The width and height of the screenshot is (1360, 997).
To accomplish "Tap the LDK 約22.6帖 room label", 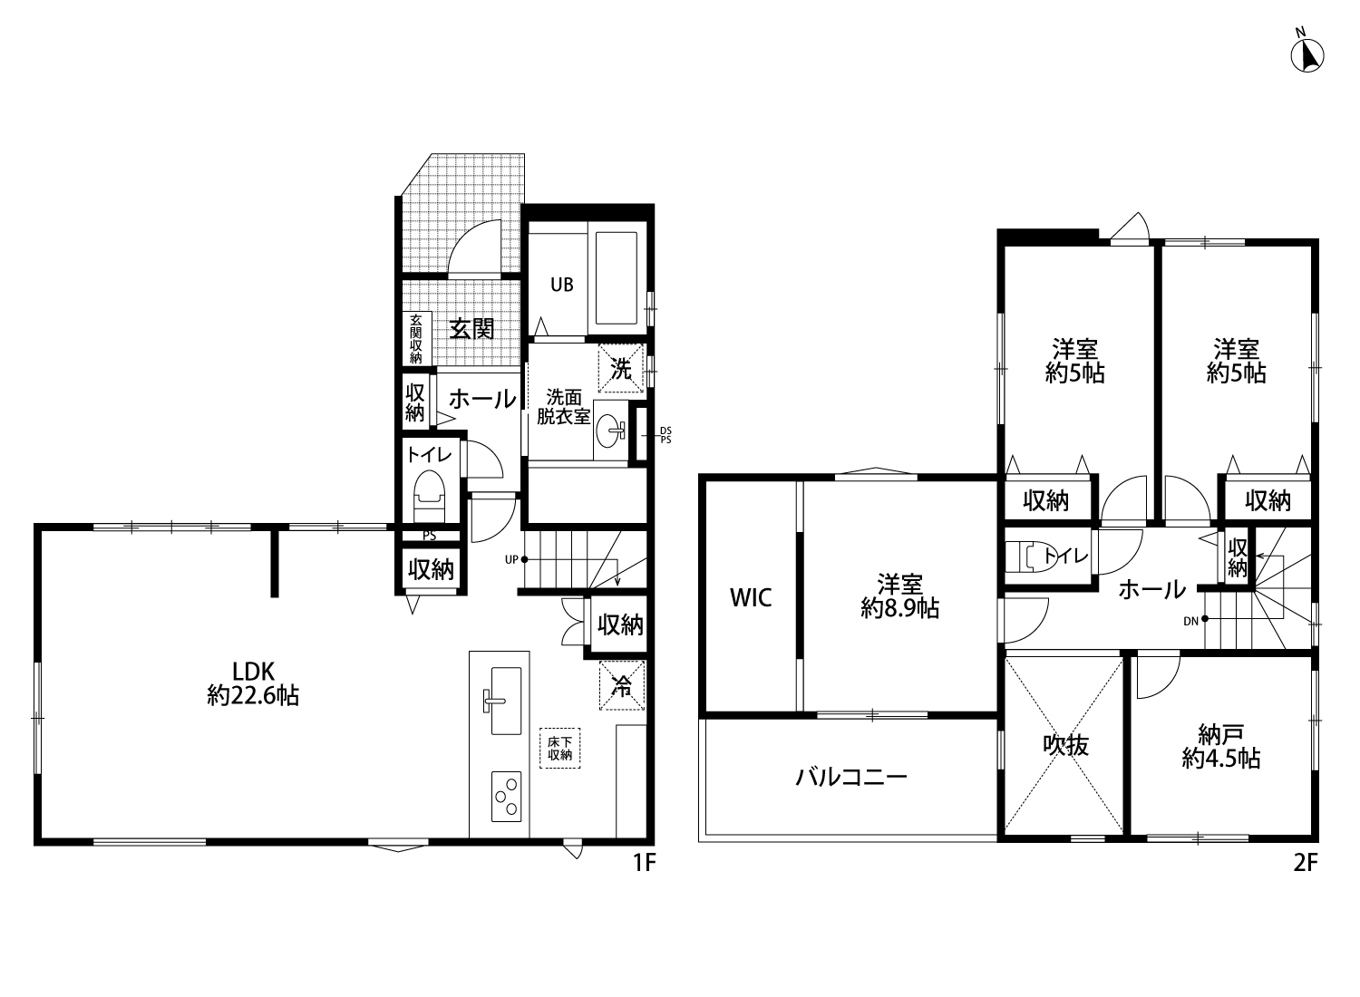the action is pyautogui.click(x=253, y=682).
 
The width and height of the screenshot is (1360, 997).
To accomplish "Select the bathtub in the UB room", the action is pyautogui.click(x=617, y=278).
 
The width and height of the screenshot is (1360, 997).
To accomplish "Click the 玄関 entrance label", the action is pyautogui.click(x=471, y=329).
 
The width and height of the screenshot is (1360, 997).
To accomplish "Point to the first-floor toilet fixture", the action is pyautogui.click(x=429, y=495).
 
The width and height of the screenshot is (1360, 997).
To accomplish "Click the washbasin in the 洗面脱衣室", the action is pyautogui.click(x=611, y=431).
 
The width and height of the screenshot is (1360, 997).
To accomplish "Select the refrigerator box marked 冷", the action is pyautogui.click(x=622, y=686).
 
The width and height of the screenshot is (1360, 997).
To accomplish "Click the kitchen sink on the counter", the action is pyautogui.click(x=506, y=701).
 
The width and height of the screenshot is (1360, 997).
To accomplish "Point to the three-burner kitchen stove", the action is pyautogui.click(x=506, y=797).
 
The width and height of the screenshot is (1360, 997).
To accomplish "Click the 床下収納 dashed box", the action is pyautogui.click(x=559, y=749).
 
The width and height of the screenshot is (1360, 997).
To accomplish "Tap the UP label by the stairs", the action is pyautogui.click(x=511, y=559).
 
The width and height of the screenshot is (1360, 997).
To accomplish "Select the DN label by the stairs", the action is pyautogui.click(x=1190, y=622).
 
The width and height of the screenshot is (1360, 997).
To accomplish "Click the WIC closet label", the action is pyautogui.click(x=751, y=597).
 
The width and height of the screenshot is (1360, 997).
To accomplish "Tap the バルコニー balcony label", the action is pyautogui.click(x=851, y=777).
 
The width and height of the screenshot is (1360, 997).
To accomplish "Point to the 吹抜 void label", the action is pyautogui.click(x=1065, y=745).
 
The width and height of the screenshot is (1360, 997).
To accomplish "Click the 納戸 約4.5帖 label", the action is pyautogui.click(x=1221, y=746).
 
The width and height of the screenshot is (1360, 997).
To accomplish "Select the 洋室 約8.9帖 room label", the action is pyautogui.click(x=899, y=595).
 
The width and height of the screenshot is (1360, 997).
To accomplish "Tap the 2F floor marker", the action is pyautogui.click(x=1306, y=862).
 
